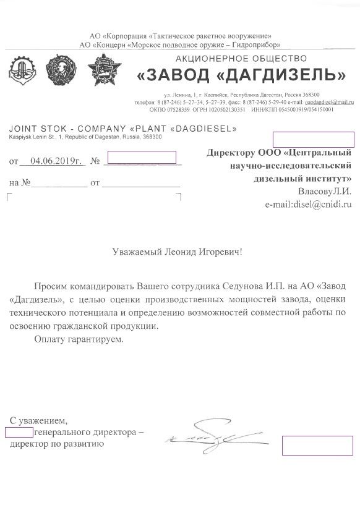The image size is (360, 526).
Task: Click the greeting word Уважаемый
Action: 140,252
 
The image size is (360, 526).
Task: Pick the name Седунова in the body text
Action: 246,287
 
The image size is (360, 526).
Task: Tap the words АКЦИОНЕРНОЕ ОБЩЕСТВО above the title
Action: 241,58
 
